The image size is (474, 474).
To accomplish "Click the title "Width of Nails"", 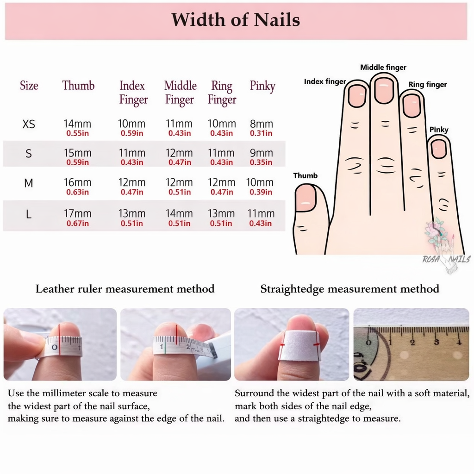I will pyautogui.click(x=236, y=20).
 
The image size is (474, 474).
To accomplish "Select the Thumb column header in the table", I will pyautogui.click(x=78, y=86).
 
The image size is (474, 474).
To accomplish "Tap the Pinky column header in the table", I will pyautogui.click(x=262, y=86).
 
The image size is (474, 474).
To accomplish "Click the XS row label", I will pyautogui.click(x=29, y=125).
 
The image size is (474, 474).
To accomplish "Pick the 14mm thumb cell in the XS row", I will pyautogui.click(x=77, y=124).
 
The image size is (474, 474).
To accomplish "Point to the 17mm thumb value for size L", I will pyautogui.click(x=77, y=214).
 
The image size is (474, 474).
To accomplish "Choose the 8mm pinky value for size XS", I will pyautogui.click(x=262, y=124).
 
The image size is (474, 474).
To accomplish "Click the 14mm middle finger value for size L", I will pyautogui.click(x=179, y=214).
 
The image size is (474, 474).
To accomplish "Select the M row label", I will pyautogui.click(x=29, y=183).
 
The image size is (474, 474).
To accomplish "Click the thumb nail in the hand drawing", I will pyautogui.click(x=305, y=198).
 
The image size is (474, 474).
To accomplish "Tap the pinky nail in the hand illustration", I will pyautogui.click(x=438, y=149).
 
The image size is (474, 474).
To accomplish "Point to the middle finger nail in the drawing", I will pyautogui.click(x=384, y=90).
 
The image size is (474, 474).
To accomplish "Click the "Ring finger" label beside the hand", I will pyautogui.click(x=428, y=85).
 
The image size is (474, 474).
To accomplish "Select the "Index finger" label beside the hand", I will pyautogui.click(x=324, y=82).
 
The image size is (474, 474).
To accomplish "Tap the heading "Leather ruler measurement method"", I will pyautogui.click(x=125, y=289).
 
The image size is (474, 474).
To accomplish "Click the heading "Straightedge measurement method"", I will pyautogui.click(x=349, y=289).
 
